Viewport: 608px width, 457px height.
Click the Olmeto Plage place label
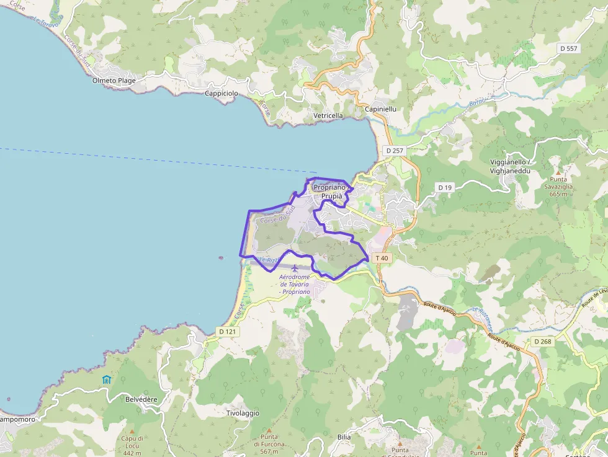coord(114,81)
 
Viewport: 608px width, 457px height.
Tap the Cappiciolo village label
coord(221,93)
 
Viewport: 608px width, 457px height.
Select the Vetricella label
coord(328,115)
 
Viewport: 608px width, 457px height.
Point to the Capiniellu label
coord(380,109)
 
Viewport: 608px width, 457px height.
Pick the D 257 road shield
coord(394,151)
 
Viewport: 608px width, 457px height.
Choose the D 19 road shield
coord(445,187)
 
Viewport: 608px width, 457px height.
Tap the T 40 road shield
coord(382,258)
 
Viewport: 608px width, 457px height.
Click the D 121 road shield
coord(228,332)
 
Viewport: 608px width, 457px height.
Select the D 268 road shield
coord(542,341)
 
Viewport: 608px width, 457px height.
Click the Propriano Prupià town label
coord(329,192)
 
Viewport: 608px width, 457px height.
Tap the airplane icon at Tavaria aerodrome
coord(294,268)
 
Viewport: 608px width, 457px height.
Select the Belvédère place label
coord(141,400)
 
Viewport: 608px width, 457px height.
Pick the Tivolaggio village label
coord(243,413)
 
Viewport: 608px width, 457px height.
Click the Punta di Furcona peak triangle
coord(269,430)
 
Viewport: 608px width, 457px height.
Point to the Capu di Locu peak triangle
coord(132,432)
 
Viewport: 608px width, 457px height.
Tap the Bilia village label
coord(344,437)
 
